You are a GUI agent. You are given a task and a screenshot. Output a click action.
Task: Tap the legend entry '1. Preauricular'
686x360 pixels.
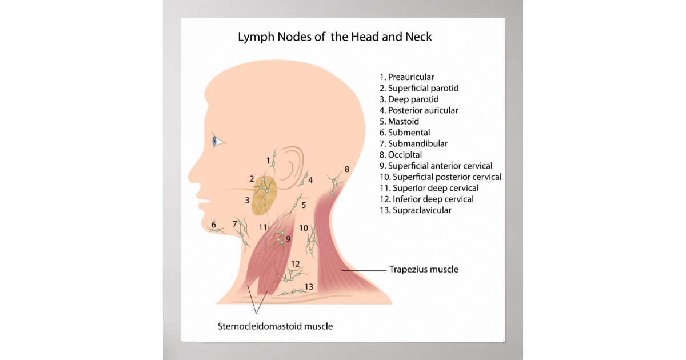point(406,77)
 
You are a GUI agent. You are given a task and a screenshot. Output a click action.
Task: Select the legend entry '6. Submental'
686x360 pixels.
point(404,133)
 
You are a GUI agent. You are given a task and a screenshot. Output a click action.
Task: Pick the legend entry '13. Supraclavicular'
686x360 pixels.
point(415,210)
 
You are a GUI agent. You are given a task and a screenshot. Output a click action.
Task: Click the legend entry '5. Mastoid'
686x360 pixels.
point(399,122)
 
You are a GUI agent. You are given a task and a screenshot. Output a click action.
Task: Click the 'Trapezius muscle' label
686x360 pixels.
point(424,269)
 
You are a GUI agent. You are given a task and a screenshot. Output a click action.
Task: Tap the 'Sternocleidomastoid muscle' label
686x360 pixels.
point(275,327)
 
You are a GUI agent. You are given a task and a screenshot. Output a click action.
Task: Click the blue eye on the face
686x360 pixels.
point(216,141)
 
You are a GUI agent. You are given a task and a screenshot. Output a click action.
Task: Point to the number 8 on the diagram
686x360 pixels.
point(346,169)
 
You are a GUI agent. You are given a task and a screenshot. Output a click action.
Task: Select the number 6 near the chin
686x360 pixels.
point(214,225)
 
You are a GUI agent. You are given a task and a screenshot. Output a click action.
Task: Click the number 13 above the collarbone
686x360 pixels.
point(309,286)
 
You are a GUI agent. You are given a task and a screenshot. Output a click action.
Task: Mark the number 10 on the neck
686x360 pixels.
point(304,228)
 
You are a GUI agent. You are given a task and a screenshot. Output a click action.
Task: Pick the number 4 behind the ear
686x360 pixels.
point(310,180)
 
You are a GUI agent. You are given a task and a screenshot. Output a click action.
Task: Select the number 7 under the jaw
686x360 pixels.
point(234,223)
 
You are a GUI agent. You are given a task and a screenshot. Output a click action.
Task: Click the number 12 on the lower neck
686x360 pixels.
point(295,264)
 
